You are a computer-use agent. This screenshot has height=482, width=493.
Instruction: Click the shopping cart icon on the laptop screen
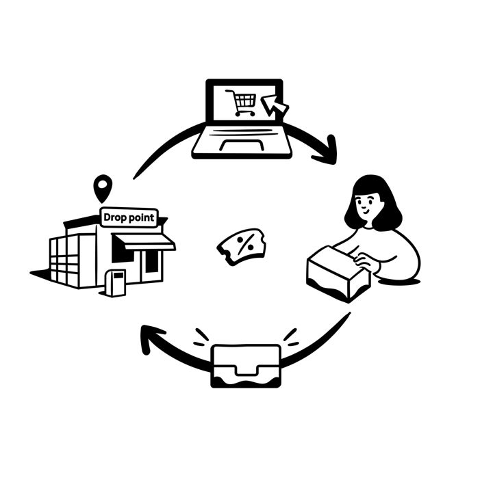pos(242,103)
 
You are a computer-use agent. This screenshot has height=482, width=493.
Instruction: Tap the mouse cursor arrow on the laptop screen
pos(274,106)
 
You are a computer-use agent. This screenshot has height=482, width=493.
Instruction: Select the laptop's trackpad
pos(242,146)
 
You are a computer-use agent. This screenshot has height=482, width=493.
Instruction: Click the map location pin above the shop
pos(103,189)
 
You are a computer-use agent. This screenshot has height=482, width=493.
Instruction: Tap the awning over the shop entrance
pos(144,241)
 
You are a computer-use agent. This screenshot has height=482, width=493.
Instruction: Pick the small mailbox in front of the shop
pos(116,282)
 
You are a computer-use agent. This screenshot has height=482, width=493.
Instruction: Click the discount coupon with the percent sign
pos(242,247)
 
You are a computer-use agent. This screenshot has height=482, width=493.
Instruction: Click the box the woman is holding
pos(338,273)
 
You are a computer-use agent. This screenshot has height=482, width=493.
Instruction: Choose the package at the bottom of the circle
pos(246,366)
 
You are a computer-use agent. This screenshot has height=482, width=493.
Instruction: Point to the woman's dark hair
pos(374,201)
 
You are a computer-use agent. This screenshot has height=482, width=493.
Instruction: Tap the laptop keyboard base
pos(242,141)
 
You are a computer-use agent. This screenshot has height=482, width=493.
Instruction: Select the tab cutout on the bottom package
pos(246,370)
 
